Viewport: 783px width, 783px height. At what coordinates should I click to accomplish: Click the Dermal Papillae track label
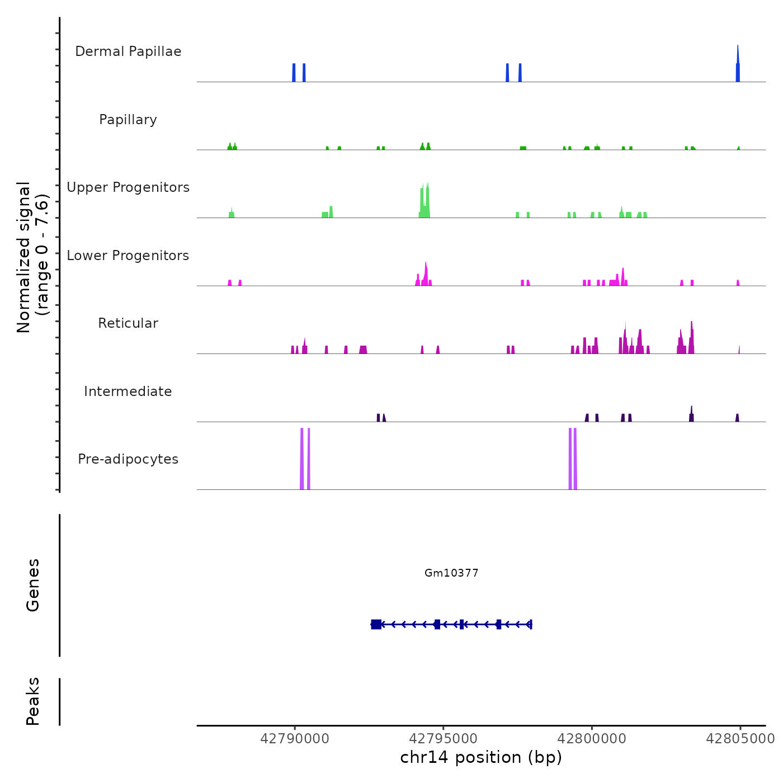click(128, 51)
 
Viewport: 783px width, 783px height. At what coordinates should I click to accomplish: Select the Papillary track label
click(128, 120)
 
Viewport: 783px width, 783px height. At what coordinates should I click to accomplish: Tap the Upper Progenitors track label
click(128, 187)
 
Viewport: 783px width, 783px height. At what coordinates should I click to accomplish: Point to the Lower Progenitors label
click(128, 256)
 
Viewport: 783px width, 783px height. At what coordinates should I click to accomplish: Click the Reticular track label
click(128, 323)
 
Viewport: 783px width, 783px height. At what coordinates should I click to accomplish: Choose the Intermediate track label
click(128, 391)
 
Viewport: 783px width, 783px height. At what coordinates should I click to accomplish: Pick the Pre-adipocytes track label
click(128, 459)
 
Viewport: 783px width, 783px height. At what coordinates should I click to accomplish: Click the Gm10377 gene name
click(451, 573)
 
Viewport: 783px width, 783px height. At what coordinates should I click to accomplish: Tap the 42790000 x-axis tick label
click(295, 739)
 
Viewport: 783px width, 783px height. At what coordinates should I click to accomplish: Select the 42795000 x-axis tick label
click(444, 739)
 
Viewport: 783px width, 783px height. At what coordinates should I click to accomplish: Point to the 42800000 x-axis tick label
click(592, 739)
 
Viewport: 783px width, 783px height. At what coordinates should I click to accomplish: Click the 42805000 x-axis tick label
click(740, 739)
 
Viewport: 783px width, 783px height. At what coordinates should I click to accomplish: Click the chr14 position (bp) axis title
click(481, 757)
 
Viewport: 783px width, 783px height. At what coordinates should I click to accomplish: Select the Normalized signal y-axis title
click(32, 257)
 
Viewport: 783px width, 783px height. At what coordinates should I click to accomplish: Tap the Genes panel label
click(33, 585)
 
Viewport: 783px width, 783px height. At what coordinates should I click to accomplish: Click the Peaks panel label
click(33, 701)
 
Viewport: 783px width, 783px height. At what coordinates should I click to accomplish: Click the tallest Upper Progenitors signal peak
click(427, 196)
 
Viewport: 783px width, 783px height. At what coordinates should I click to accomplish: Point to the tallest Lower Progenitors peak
click(426, 271)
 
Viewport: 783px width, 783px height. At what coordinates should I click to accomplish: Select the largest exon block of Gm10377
click(376, 624)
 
